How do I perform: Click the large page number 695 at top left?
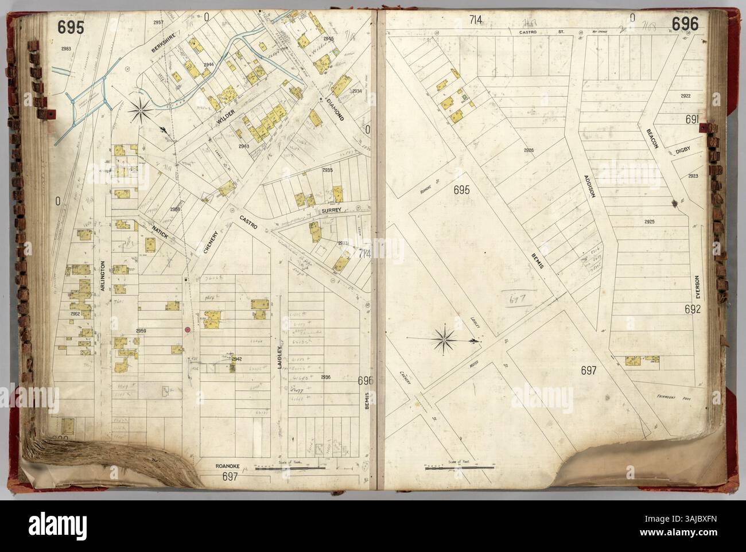point(71,26)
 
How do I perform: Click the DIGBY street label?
point(681,151)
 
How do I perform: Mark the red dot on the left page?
point(188,329)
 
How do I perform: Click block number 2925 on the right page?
point(650,221)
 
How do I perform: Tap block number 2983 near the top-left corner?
point(66,49)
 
